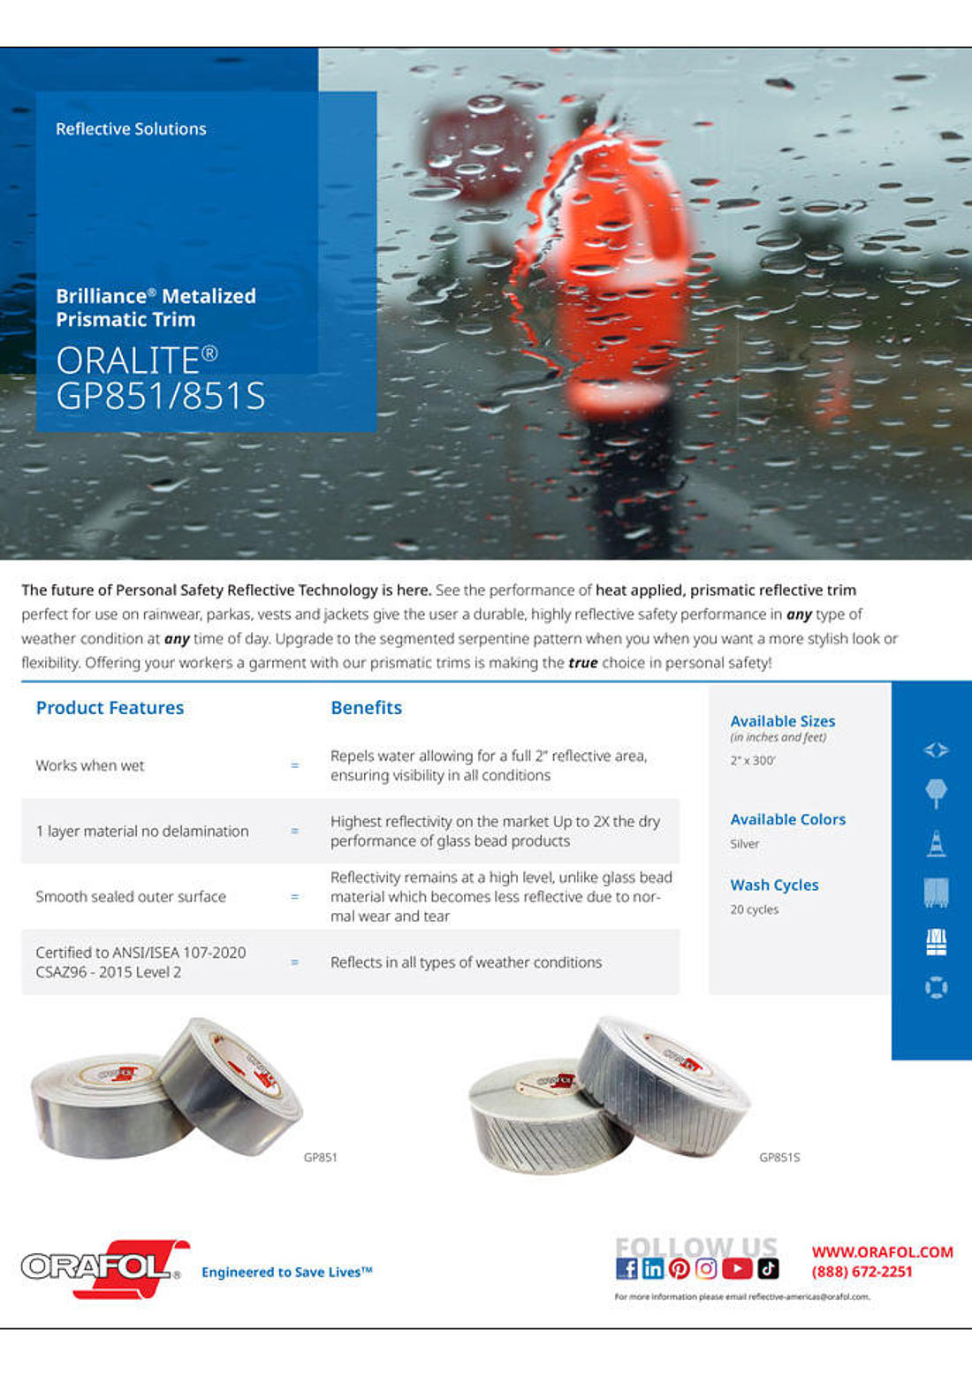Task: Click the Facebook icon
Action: [x=626, y=1269]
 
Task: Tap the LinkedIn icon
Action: [x=653, y=1269]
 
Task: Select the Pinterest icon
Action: [x=679, y=1269]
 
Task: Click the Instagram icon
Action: [x=706, y=1269]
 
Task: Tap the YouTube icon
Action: [x=737, y=1269]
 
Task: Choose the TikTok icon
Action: [x=768, y=1269]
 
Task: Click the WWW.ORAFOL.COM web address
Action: [x=882, y=1251]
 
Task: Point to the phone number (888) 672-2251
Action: [x=862, y=1272]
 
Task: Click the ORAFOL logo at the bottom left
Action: [x=104, y=1268]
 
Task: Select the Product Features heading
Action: [x=110, y=708]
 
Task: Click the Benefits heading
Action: [x=366, y=708]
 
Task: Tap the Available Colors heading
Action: [x=787, y=819]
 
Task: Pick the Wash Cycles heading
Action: [x=774, y=885]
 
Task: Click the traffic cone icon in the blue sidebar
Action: [x=936, y=844]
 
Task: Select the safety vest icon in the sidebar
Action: [x=936, y=942]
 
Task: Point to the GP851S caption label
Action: [x=779, y=1157]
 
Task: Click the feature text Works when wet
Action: [x=90, y=765]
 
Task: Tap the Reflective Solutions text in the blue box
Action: [x=131, y=129]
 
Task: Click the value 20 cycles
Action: [x=754, y=909]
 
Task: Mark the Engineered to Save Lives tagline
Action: [x=286, y=1272]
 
